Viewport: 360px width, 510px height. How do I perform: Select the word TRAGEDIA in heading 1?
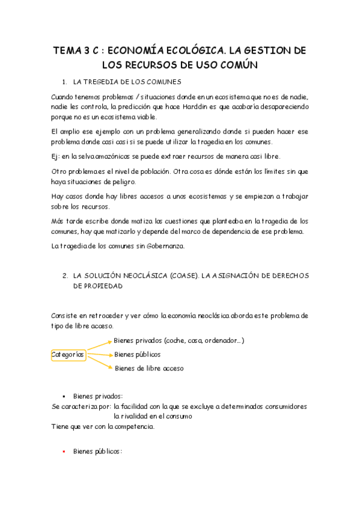coord(105,81)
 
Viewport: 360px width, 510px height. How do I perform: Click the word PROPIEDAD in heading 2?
coord(97,287)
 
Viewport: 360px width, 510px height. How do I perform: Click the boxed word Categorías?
coord(68,355)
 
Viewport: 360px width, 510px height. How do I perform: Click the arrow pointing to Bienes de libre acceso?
coord(100,362)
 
